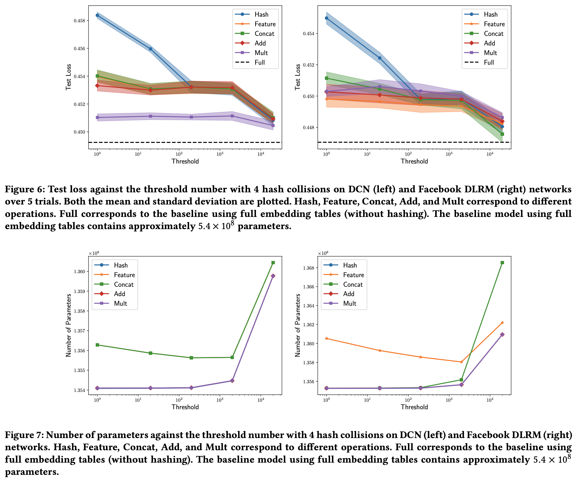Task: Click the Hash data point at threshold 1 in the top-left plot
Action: (97, 15)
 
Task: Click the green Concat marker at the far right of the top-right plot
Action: (502, 134)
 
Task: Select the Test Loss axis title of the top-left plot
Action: (68, 77)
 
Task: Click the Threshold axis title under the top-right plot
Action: (414, 161)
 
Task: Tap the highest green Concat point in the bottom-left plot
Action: (273, 263)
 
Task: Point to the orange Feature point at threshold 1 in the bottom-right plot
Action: (327, 338)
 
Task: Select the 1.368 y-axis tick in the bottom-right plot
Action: (308, 268)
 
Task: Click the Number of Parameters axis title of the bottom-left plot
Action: (68, 325)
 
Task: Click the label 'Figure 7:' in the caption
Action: (24, 435)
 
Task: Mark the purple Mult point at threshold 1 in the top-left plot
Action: (97, 117)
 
